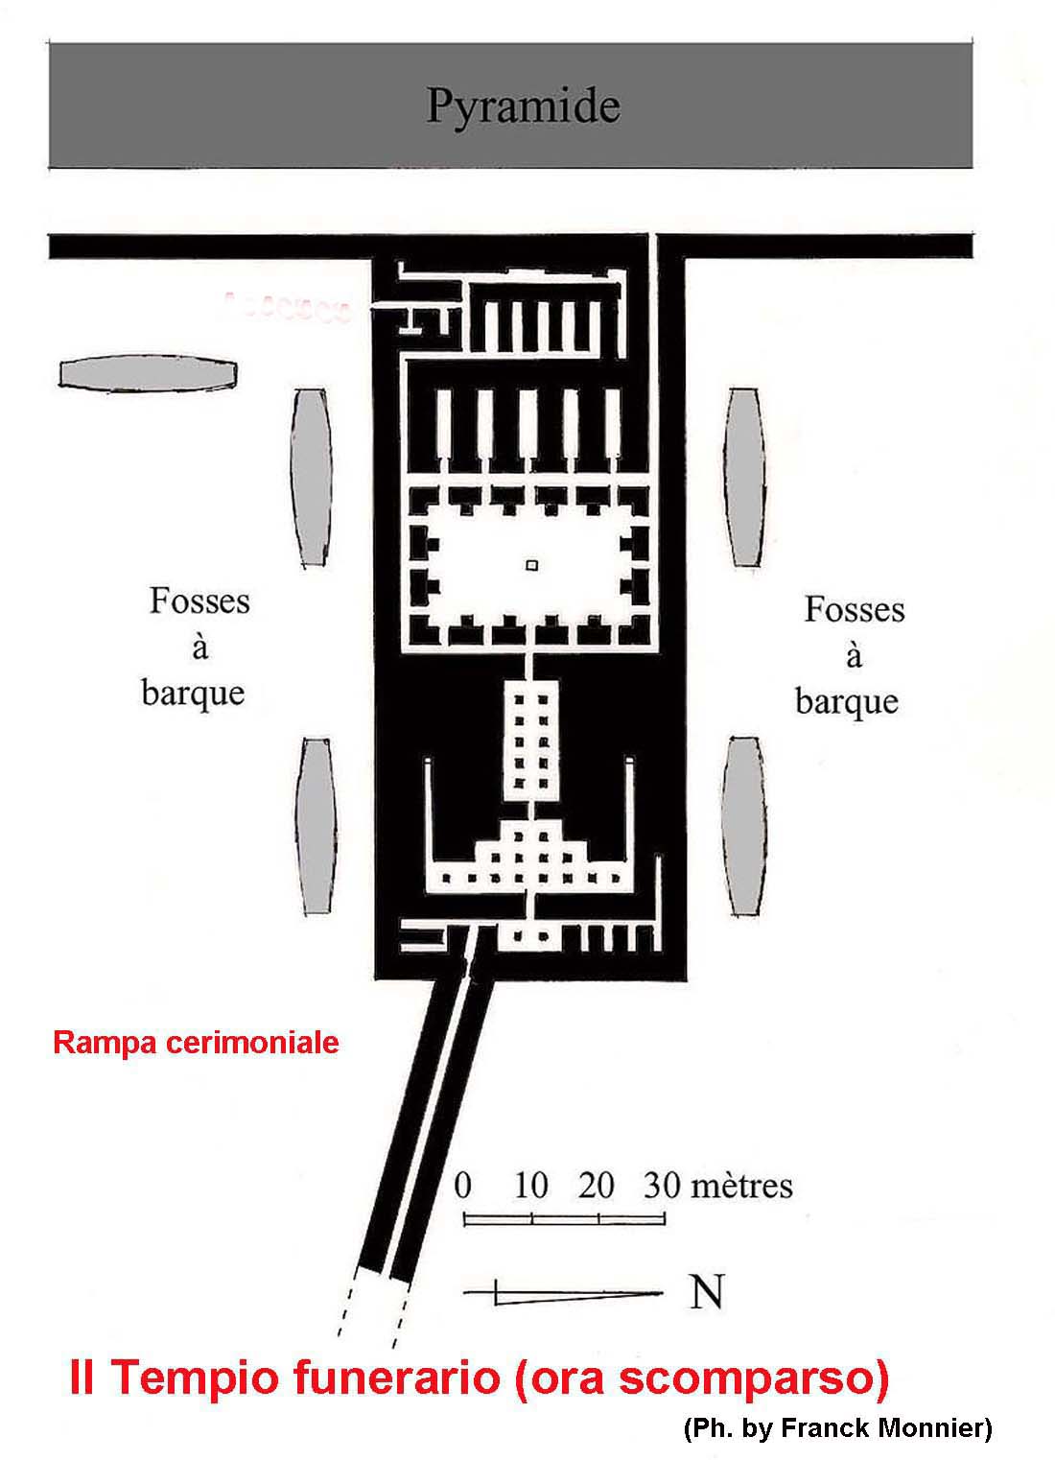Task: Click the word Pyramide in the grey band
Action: (x=523, y=106)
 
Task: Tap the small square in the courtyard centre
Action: (x=532, y=566)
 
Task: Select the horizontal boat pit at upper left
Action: (x=149, y=374)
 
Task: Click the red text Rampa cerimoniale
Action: (x=196, y=1043)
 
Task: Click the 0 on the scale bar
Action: (x=463, y=1186)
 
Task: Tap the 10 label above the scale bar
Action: (x=530, y=1186)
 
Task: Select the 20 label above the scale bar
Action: (x=596, y=1186)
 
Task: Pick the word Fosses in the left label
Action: (x=199, y=602)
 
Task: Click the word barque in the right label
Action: (x=847, y=701)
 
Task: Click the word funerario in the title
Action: (x=388, y=1379)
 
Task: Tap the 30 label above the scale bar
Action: (x=663, y=1186)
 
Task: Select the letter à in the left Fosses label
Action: (x=199, y=648)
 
